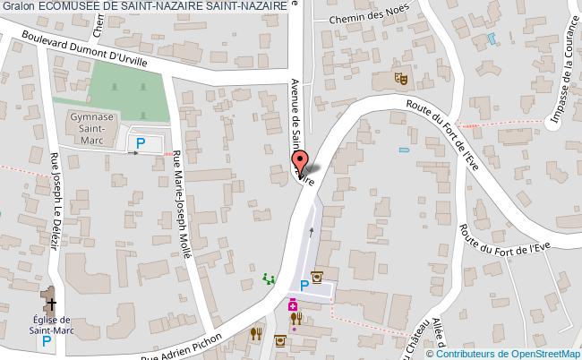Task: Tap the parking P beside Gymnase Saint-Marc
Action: [x=140, y=142]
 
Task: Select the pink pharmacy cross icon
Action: [x=292, y=306]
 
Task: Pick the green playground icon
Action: [x=267, y=279]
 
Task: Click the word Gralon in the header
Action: [x=18, y=5]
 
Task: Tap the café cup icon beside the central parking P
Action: [x=316, y=277]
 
